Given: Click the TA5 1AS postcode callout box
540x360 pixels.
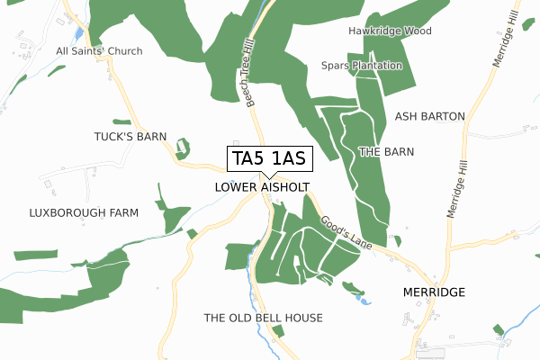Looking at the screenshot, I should click(269, 159).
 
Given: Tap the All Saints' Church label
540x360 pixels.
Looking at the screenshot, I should click(99, 51).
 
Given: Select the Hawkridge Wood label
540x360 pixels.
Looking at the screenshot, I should click(390, 31).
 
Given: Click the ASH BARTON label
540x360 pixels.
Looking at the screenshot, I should click(429, 117).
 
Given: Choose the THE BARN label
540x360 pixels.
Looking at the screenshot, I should click(386, 152).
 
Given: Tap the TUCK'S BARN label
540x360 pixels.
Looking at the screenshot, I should click(131, 137).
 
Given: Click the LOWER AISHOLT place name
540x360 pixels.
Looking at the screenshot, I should click(263, 187).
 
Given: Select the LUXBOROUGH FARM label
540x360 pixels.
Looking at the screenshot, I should click(83, 213).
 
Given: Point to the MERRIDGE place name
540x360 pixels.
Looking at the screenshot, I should click(434, 292).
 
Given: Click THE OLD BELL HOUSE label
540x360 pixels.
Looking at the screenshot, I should click(263, 319).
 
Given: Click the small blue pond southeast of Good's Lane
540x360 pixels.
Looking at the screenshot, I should click(364, 301).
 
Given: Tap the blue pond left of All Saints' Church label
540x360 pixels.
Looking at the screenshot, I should click(79, 33).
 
